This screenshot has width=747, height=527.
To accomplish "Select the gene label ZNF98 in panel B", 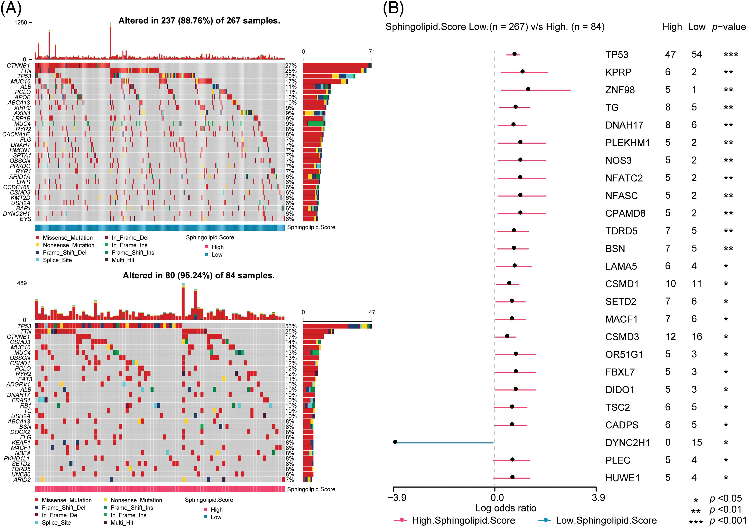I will click(x=620, y=90).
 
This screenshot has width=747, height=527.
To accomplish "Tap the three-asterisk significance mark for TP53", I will click(x=731, y=55).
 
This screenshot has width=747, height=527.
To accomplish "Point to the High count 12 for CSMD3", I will click(x=671, y=337).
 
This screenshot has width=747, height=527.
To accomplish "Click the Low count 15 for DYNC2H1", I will click(x=697, y=442).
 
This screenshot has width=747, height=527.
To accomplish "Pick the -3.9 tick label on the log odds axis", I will click(x=397, y=497).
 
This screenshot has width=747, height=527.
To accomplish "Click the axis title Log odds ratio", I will click(x=506, y=508).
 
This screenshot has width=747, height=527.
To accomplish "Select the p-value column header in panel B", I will click(x=729, y=27).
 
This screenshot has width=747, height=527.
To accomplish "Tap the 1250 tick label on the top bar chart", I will click(x=21, y=23).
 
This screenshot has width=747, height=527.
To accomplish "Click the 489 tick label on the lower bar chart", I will click(x=22, y=283).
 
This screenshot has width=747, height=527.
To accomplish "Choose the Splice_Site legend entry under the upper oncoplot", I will click(x=57, y=260).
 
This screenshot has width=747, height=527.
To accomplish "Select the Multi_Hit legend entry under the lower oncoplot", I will click(x=122, y=522).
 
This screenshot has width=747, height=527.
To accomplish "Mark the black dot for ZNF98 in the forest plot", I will click(x=528, y=89).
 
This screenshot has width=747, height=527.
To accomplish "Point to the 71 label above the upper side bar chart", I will click(x=371, y=51).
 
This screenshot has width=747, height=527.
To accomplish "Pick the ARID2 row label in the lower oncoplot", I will click(x=22, y=480).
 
